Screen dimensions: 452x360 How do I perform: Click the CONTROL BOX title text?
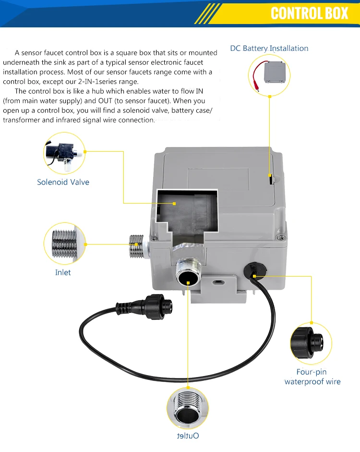pyautogui.click(x=309, y=13)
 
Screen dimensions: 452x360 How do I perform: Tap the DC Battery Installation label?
pyautogui.click(x=269, y=48)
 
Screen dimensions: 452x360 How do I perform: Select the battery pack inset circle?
pyautogui.click(x=269, y=74)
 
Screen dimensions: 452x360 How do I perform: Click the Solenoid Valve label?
pyautogui.click(x=63, y=182)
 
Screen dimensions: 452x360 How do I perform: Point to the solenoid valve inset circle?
pyautogui.click(x=64, y=153)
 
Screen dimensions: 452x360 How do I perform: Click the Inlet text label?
pyautogui.click(x=63, y=272)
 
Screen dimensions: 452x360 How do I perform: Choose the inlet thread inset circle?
pyautogui.click(x=64, y=244)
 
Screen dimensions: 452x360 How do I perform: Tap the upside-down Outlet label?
pyautogui.click(x=188, y=436)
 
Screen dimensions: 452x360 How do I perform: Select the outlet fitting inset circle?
pyautogui.click(x=188, y=408)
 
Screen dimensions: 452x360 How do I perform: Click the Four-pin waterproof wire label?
pyautogui.click(x=312, y=377)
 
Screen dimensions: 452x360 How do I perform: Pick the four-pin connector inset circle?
pyautogui.click(x=311, y=343)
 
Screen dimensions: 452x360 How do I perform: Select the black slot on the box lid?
pyautogui.click(x=271, y=179)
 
